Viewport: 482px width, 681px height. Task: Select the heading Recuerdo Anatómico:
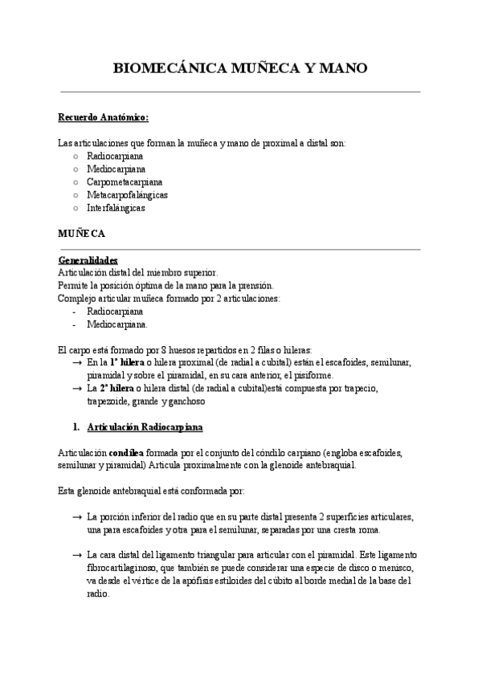pyautogui.click(x=104, y=117)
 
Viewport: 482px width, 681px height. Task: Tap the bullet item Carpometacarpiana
pyautogui.click(x=124, y=181)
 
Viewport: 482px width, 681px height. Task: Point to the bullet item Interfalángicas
pyautogui.click(x=116, y=207)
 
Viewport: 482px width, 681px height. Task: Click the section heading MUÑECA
pyautogui.click(x=81, y=234)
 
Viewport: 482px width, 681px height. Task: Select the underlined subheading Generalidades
pyautogui.click(x=88, y=260)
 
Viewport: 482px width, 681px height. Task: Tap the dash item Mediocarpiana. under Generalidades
pyautogui.click(x=117, y=324)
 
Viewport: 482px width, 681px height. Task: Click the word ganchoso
pyautogui.click(x=187, y=402)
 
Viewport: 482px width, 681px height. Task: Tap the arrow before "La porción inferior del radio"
pyautogui.click(x=76, y=517)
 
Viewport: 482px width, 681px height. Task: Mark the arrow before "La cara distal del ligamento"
pyautogui.click(x=76, y=556)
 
